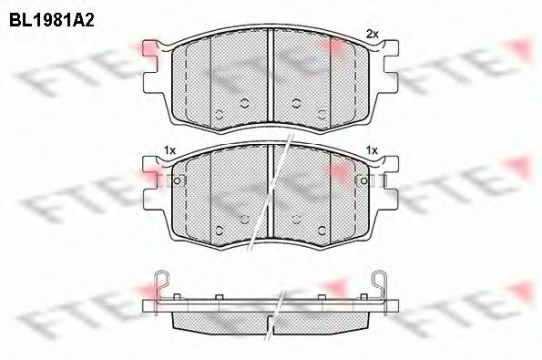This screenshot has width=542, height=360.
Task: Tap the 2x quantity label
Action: coord(371,34)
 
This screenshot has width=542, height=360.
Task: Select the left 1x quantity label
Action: coord(169,149)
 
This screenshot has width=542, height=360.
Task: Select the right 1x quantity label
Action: coord(371,149)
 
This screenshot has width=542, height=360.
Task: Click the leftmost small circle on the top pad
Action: coord(219,113)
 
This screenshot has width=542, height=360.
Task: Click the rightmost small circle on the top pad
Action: coord(323,113)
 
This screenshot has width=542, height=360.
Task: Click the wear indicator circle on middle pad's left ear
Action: coord(178,180)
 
